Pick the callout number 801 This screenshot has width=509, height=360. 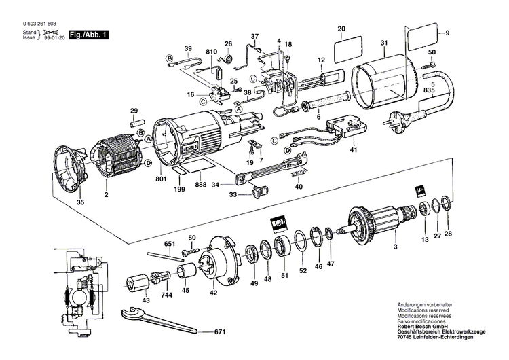tap(161, 179)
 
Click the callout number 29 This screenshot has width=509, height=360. tap(134, 110)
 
